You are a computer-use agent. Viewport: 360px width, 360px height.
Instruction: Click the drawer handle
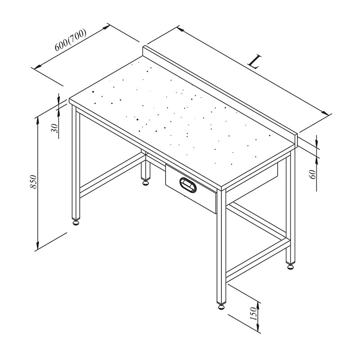[188, 184]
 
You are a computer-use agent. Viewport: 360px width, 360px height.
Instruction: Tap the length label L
[255, 61]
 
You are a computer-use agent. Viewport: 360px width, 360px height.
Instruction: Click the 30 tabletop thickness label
[54, 128]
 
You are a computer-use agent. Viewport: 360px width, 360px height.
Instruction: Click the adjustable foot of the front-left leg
[76, 221]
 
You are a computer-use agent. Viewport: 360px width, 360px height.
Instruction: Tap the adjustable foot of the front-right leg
[222, 306]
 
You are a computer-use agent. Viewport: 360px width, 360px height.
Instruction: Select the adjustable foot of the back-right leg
[290, 266]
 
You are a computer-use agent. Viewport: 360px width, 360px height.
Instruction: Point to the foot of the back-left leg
[146, 183]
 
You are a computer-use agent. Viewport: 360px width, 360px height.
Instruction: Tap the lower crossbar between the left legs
[110, 173]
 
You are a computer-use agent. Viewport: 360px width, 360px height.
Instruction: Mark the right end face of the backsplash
[296, 140]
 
